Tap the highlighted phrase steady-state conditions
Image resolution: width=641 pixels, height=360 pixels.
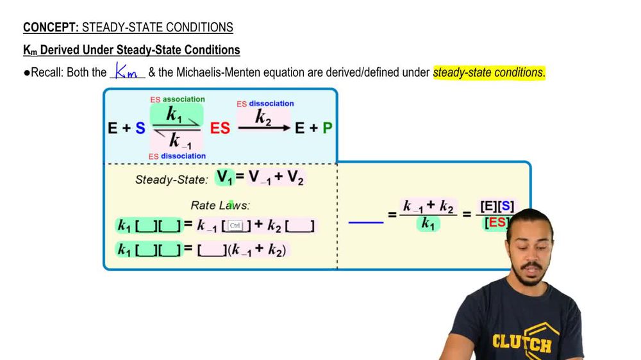point(488,72)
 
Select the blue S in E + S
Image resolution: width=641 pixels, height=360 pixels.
point(140,128)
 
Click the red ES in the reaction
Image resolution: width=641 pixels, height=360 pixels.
point(220,128)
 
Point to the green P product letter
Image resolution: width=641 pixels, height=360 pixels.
point(327,128)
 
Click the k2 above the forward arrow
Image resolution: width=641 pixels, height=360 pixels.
point(263,118)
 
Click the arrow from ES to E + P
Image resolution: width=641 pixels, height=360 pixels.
point(264,128)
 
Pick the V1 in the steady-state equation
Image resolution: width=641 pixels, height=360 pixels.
point(225,177)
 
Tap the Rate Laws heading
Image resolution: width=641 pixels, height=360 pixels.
point(220,205)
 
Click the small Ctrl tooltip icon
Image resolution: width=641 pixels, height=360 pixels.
point(235,225)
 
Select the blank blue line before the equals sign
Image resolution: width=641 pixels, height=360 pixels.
point(365,222)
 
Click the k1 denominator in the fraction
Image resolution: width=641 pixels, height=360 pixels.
point(428,224)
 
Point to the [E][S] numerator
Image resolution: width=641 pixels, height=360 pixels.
point(497,207)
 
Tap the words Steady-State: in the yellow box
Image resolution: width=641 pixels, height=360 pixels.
point(171,180)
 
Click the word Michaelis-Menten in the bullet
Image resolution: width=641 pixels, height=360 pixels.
point(213,72)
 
